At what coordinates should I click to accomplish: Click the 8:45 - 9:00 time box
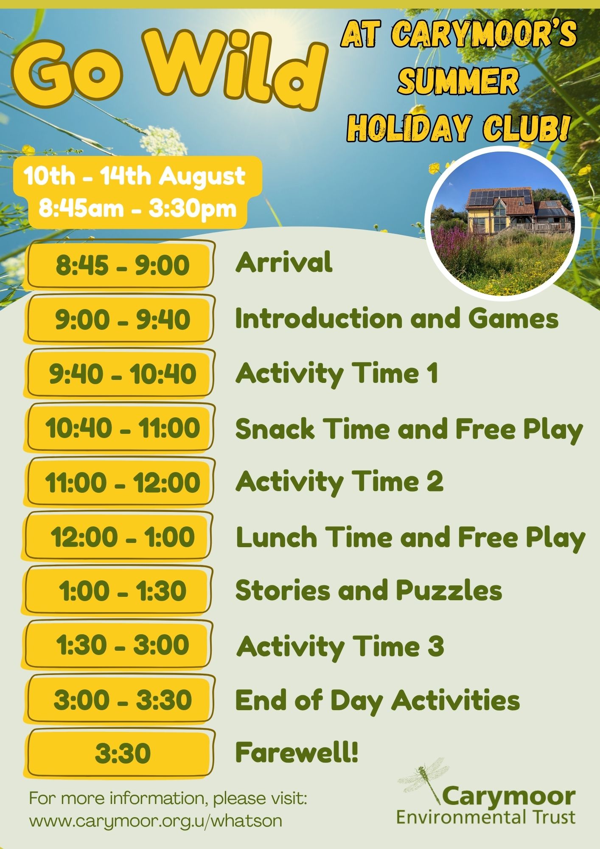click(x=121, y=265)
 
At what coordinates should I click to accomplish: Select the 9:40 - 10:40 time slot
click(x=121, y=374)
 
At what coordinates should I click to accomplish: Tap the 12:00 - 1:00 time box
click(x=119, y=537)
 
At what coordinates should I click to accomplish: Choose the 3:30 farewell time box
click(x=121, y=753)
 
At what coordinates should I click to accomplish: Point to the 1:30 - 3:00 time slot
click(x=119, y=645)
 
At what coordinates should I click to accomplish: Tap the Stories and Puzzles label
click(x=369, y=590)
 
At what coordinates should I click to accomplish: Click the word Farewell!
click(x=297, y=752)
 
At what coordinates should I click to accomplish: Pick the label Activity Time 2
click(x=339, y=482)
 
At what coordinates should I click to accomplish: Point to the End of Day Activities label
click(x=378, y=700)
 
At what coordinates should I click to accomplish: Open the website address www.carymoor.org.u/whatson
click(x=156, y=821)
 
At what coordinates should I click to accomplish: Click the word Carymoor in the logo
click(x=509, y=797)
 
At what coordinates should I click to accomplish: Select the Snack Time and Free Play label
click(x=409, y=429)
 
